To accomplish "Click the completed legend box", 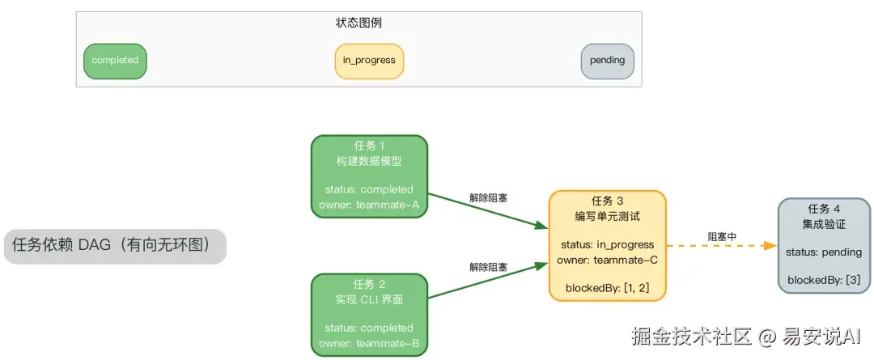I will pos(115,61).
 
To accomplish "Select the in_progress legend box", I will pos(369,61).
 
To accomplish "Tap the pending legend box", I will pos(607,61).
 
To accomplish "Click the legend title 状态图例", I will pos(359,23).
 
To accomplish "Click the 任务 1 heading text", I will pos(369,146).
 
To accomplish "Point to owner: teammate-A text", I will pos(369,205).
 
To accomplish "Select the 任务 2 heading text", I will pos(369,284).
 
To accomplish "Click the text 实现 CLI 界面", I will pos(369,299).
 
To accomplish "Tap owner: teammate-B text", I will pos(369,343).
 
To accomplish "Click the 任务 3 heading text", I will pos(607,201).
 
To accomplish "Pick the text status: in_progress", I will pos(607,244).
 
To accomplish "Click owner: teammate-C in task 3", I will pos(607,260).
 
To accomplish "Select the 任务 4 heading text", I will pos(824,208).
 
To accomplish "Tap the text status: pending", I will pos(824,252).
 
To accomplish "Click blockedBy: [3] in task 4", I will pos(824,281).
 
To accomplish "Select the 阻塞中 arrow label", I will pos(722,236).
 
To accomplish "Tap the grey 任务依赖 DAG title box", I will pos(115,246).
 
